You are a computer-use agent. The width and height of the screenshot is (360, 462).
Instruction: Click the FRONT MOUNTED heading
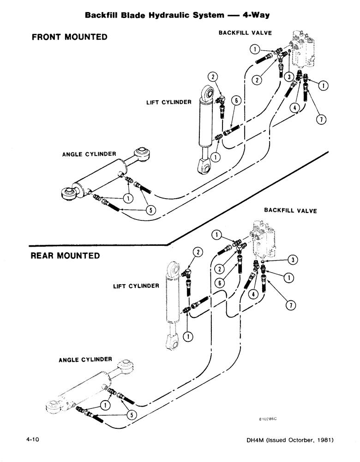pos(69,37)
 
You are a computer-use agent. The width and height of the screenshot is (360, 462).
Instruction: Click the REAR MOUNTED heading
pos(65,255)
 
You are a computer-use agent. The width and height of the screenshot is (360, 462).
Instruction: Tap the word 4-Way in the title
pos(254,15)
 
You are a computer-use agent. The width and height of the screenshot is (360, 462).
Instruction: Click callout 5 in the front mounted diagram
pos(150,210)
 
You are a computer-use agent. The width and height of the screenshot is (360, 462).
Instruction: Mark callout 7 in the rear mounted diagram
pos(291,305)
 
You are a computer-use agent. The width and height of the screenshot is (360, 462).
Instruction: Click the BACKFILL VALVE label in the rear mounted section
pos(290,210)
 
